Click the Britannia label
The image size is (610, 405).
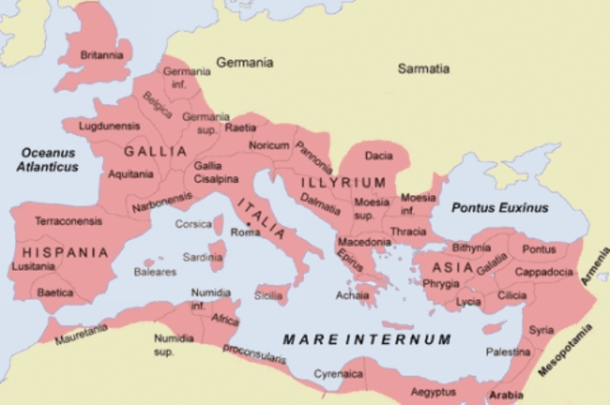[x=101, y=55]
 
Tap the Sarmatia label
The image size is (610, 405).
[x=423, y=69]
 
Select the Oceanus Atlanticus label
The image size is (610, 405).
[x=48, y=159]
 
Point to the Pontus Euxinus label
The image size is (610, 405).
[x=500, y=207]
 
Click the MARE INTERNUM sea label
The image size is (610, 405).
[x=367, y=338]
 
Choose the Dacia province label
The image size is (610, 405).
[x=378, y=155]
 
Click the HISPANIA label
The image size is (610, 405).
[x=59, y=253]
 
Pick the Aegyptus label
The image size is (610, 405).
[x=434, y=392]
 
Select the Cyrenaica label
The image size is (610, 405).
[x=338, y=375]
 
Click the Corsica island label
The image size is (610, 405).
[x=193, y=224]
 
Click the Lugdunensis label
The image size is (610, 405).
[x=110, y=126]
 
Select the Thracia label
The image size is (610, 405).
[x=408, y=231]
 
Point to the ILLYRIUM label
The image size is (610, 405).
[x=343, y=182]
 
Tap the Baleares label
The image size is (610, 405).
[x=155, y=272]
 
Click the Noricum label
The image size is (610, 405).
[x=269, y=145]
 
